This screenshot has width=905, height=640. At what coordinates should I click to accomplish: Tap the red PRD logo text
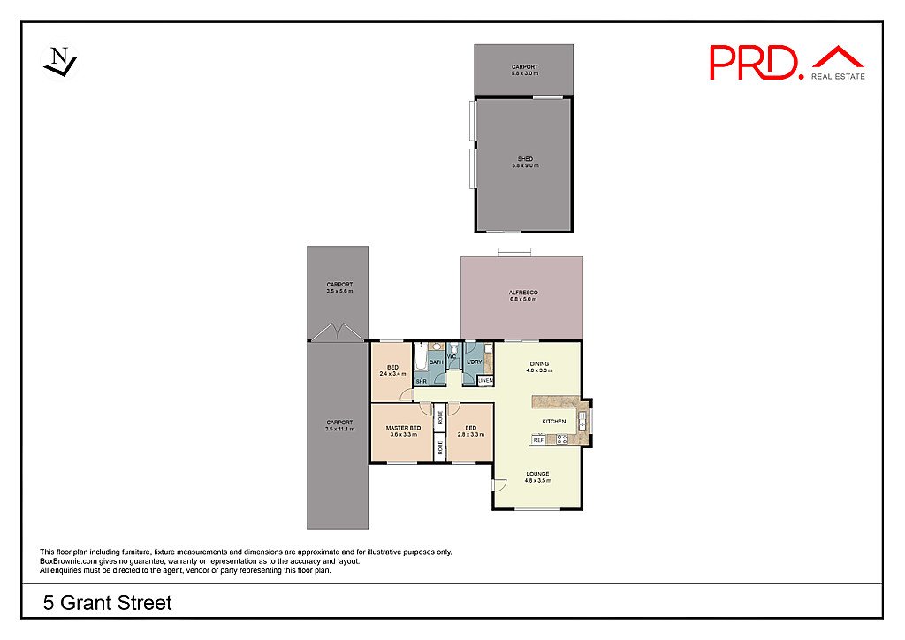pyautogui.click(x=757, y=62)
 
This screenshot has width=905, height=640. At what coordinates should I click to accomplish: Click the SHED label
pyautogui.click(x=525, y=159)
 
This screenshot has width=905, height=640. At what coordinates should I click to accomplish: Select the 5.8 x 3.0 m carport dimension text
pyautogui.click(x=524, y=73)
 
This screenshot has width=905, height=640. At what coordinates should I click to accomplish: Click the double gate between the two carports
pyautogui.click(x=337, y=332)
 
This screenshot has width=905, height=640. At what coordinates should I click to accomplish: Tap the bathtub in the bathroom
pyautogui.click(x=420, y=360)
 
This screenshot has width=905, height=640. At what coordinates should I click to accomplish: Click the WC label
pyautogui.click(x=452, y=356)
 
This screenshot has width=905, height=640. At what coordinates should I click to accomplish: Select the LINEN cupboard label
pyautogui.click(x=485, y=381)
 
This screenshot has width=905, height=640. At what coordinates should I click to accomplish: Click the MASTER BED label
pyautogui.click(x=402, y=428)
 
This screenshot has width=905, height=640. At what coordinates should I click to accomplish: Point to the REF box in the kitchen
pyautogui.click(x=537, y=439)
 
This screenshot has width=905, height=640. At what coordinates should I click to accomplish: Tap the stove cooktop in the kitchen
pyautogui.click(x=563, y=439)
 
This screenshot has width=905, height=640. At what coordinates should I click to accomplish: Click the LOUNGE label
pyautogui.click(x=537, y=474)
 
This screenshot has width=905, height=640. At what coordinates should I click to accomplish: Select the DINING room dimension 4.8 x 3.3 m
pyautogui.click(x=538, y=370)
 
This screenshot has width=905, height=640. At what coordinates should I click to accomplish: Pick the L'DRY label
pyautogui.click(x=474, y=362)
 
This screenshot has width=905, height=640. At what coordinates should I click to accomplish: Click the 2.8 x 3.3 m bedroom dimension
pyautogui.click(x=470, y=435)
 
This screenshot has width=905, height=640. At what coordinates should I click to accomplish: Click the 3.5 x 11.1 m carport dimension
pyautogui.click(x=338, y=429)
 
